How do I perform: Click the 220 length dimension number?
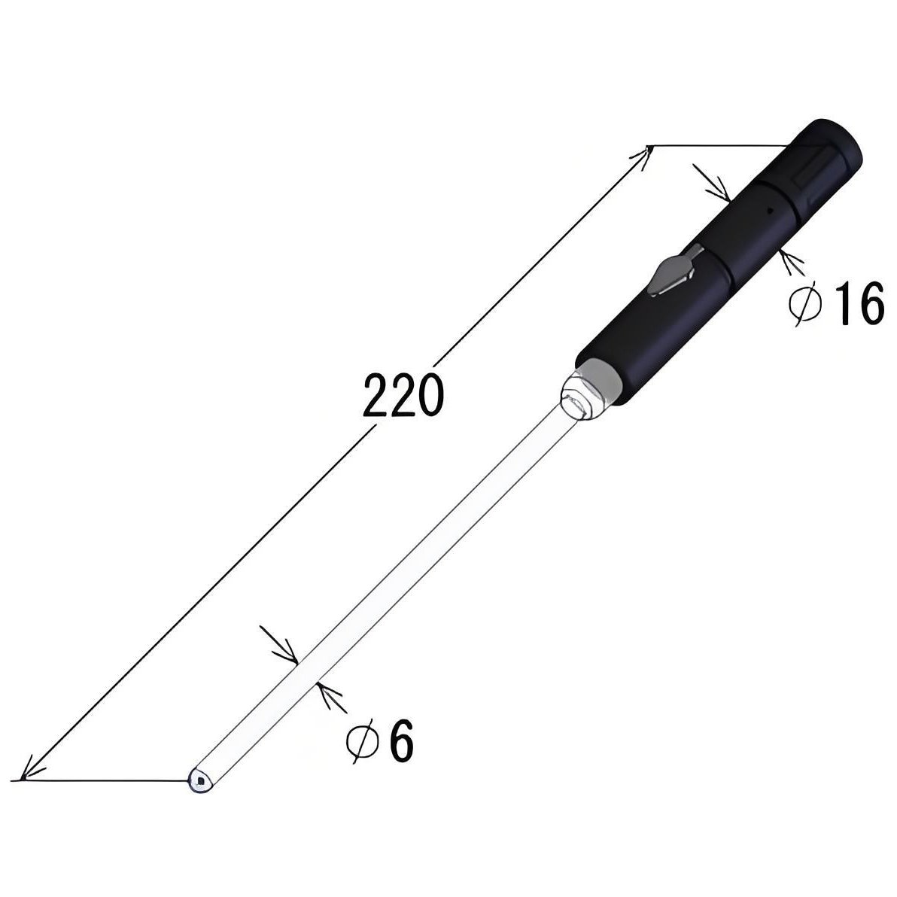(403, 395)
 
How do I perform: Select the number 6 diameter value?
(402, 742)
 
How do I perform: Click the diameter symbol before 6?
(363, 741)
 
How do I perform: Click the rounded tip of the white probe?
(201, 780)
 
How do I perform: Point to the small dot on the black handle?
(769, 211)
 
